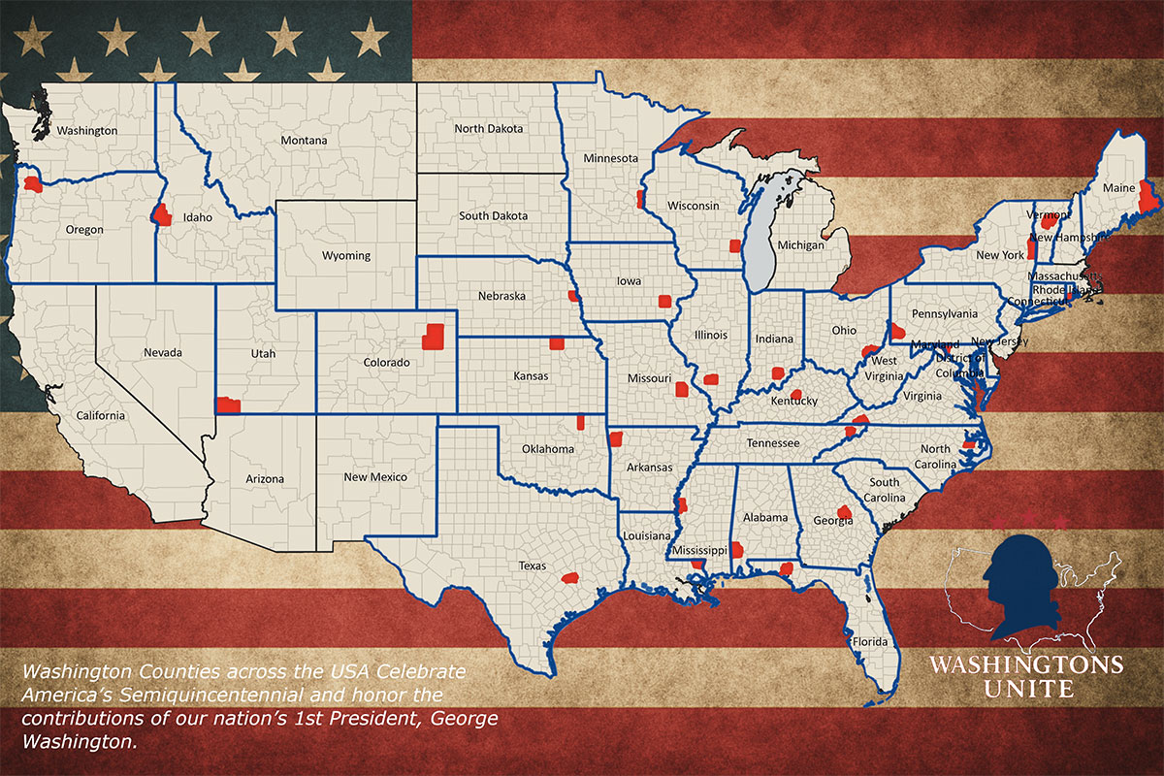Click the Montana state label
pos(304,141)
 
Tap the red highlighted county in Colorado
pos(433,336)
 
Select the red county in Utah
pos(228,404)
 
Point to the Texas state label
pos(532,566)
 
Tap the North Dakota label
pos(489,129)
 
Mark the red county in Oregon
pos(33,183)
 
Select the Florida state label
pos(866,642)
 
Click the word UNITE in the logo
pos(1025,690)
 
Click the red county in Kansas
pos(557,342)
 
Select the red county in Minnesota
pos(640,199)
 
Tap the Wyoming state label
pos(346,256)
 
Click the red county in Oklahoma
pos(581,422)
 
